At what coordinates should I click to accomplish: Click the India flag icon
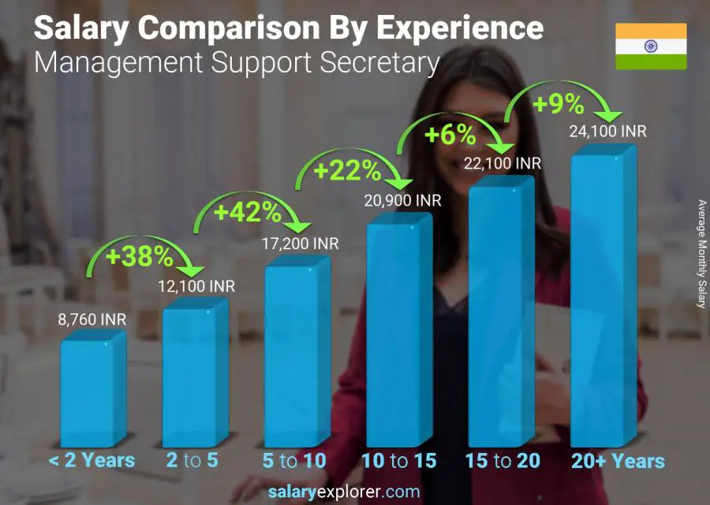(x=651, y=46)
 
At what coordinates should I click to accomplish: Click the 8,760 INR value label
(x=92, y=320)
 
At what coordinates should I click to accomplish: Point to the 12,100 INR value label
(x=196, y=287)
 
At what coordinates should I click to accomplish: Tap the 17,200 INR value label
(x=300, y=244)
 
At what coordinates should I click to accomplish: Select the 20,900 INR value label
(x=402, y=200)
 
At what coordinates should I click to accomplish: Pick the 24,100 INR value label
(x=608, y=131)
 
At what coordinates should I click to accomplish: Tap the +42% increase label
(x=248, y=212)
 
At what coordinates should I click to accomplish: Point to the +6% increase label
(x=450, y=135)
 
